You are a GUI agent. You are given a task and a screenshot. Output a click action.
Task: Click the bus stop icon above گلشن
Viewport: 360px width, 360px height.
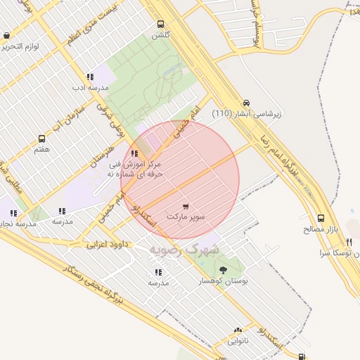pos(161,24)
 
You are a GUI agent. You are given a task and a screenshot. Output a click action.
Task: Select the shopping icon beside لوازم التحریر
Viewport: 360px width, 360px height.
pos(6,35)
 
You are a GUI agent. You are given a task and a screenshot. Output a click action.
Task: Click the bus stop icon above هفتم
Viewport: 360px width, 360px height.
pos(41,139)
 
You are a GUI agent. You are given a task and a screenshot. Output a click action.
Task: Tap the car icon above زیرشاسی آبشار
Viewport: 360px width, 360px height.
pos(245,103)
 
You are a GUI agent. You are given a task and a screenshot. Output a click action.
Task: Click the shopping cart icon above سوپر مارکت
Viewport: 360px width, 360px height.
pos(186,207)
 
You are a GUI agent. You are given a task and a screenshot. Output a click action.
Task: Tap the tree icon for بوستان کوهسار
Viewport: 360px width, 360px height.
pos(223,269)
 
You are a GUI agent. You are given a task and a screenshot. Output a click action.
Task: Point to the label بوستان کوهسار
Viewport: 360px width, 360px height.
pos(223,280)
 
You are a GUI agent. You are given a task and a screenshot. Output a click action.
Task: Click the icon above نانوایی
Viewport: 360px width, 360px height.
pos(238,330)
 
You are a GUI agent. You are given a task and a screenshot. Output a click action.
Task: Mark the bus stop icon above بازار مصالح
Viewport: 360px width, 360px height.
pos(321,219)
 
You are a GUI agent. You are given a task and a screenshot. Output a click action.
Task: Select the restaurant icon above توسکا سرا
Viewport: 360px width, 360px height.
pos(349,242)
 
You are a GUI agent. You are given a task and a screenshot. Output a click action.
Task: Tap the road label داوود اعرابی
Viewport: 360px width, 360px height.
pos(110,245)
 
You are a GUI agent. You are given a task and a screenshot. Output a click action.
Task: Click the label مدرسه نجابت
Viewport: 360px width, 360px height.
pos(14,224)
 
